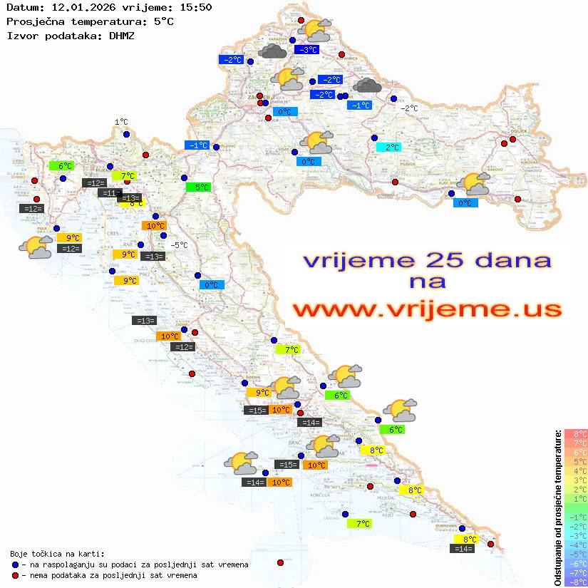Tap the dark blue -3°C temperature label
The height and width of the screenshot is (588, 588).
point(307,50)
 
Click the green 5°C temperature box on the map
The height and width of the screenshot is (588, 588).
point(197,187)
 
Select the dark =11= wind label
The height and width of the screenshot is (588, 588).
point(109,192)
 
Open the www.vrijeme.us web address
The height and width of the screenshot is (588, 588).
point(426,309)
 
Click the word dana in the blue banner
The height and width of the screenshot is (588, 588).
point(507,261)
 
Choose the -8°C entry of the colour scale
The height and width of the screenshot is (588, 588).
point(575,582)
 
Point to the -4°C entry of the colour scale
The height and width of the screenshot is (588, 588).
point(575,545)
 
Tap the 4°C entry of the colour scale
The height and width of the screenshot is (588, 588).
point(575,470)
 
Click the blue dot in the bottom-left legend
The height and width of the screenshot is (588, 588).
point(15,564)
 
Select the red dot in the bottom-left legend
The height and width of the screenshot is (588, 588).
point(15,575)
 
